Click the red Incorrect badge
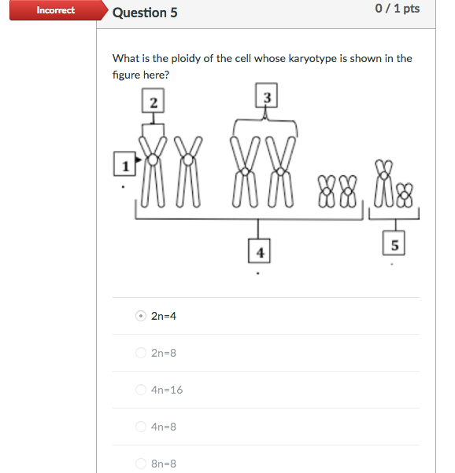55,10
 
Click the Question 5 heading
139,13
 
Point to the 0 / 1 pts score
398,9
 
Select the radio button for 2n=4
140,316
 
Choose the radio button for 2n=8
140,353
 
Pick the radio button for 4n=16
140,390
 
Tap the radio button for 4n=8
140,427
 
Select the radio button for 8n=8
140,464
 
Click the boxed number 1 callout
124,164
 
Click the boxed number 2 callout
153,101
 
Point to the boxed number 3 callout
267,97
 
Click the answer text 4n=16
167,390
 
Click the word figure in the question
128,75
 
